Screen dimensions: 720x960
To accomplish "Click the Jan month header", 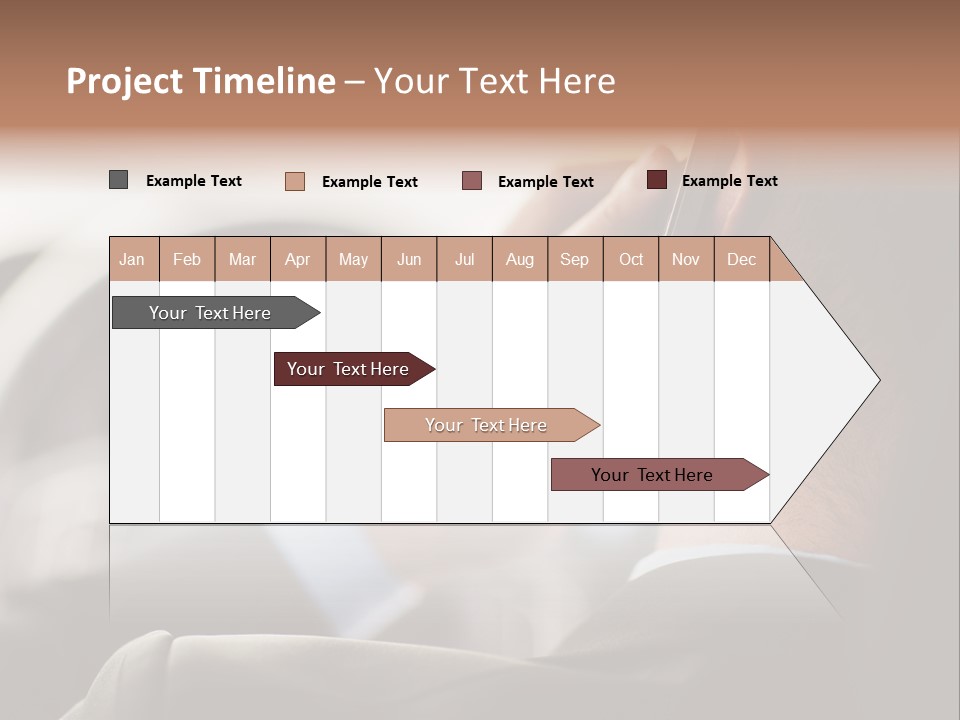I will pyautogui.click(x=133, y=259).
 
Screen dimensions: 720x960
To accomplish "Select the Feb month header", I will pyautogui.click(x=187, y=259).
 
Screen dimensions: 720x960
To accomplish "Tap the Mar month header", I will pyautogui.click(x=242, y=259).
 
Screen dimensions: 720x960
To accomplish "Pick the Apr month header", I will pyautogui.click(x=298, y=259).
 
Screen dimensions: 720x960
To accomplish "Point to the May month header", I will pyautogui.click(x=353, y=259).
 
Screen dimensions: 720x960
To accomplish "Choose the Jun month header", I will pyautogui.click(x=409, y=259).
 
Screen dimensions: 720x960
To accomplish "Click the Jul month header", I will pyautogui.click(x=464, y=259).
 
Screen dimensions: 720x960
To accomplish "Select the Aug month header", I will pyautogui.click(x=520, y=259).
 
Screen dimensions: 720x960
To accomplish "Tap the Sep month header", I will pyautogui.click(x=575, y=259).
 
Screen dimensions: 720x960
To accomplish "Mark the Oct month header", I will pyautogui.click(x=631, y=259).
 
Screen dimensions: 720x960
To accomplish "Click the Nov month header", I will pyautogui.click(x=686, y=259).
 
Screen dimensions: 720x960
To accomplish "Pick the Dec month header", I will pyautogui.click(x=741, y=259).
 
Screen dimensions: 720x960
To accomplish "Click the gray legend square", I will pyautogui.click(x=119, y=180).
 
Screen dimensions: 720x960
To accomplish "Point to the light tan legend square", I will pyautogui.click(x=295, y=181).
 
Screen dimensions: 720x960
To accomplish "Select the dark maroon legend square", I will pyautogui.click(x=657, y=180).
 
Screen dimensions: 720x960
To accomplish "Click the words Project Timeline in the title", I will pyautogui.click(x=201, y=81).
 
